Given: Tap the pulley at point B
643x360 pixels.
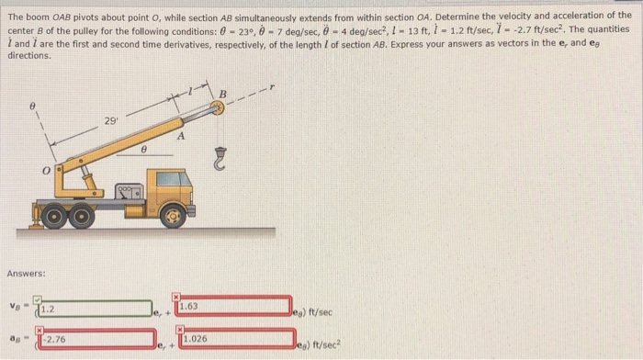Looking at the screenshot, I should point(218,107).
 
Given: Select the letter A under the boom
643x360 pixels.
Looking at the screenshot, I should point(182,137).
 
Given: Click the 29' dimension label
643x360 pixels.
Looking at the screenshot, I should point(110,122).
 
